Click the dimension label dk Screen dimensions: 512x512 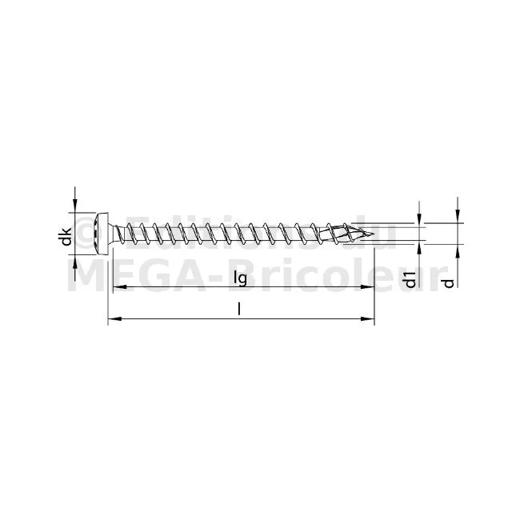click(66, 237)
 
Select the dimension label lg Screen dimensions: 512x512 click(241, 278)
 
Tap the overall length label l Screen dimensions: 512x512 click(239, 310)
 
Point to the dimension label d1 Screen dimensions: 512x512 click(410, 279)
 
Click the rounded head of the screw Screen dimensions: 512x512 click(102, 234)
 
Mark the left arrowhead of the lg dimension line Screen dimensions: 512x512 click(119, 287)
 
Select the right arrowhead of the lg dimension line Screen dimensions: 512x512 click(366, 287)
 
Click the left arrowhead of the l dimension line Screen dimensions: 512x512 click(114, 318)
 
